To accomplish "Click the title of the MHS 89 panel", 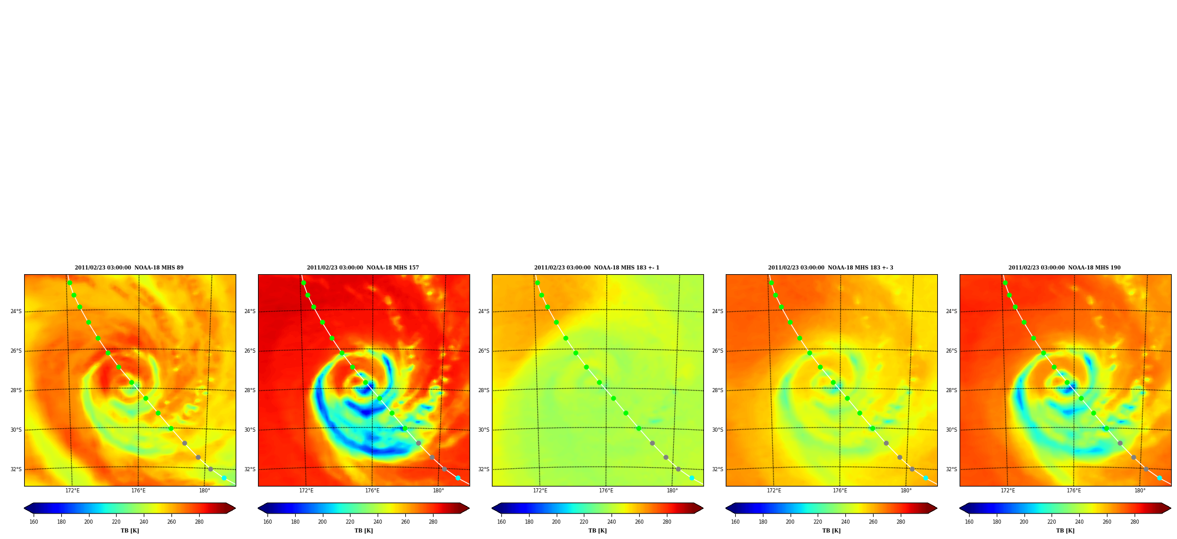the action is click(129, 268).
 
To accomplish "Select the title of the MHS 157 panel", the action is click(363, 268).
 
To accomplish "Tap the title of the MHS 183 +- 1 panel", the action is click(597, 268).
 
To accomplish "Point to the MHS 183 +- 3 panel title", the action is click(831, 268).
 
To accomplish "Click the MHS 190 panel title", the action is click(1064, 268).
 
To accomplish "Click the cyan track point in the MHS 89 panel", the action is click(224, 478).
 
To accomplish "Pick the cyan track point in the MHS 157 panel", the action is click(458, 478).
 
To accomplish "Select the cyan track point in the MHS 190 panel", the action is click(1159, 478).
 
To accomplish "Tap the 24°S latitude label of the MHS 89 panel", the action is click(16, 311).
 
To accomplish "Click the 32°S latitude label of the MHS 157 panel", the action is click(250, 469).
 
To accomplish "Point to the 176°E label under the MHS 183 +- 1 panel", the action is click(606, 491).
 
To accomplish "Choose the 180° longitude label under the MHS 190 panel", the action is click(1140, 491).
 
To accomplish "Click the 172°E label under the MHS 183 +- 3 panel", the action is click(774, 491).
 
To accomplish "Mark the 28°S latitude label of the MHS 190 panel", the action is click(951, 390).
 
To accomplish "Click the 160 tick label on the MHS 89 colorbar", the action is click(34, 522).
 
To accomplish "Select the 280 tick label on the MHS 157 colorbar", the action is click(433, 522).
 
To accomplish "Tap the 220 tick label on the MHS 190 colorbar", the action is click(1052, 522).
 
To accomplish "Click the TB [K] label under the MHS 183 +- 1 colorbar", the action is click(597, 531).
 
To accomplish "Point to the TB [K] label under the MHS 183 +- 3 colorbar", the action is click(831, 531).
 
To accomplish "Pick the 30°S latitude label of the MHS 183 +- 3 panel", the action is click(718, 430).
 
